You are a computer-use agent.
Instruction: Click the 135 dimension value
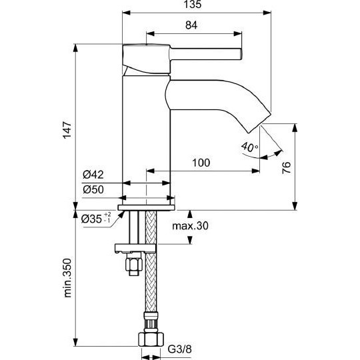click(193, 5)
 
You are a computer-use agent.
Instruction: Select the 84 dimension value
click(191, 25)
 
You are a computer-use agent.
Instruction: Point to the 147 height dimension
click(67, 130)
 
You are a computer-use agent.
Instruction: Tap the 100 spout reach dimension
click(201, 163)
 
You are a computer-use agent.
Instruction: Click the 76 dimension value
click(286, 167)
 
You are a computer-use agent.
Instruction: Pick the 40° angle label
click(249, 147)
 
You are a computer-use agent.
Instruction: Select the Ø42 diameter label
click(93, 175)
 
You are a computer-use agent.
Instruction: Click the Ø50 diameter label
click(93, 189)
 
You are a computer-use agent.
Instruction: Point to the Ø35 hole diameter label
click(96, 219)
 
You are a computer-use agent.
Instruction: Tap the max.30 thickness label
click(190, 226)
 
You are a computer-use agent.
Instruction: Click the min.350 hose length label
click(67, 278)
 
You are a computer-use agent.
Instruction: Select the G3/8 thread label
click(179, 349)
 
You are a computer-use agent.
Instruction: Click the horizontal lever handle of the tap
click(206, 54)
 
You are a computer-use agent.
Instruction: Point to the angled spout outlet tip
click(261, 123)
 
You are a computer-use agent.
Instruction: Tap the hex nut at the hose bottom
click(151, 338)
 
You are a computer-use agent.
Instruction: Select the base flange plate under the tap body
click(147, 207)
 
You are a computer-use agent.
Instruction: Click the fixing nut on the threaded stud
click(133, 264)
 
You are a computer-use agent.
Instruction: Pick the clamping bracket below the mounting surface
click(135, 248)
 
